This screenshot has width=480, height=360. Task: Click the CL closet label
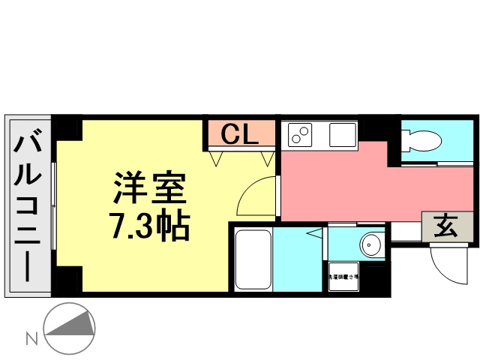(241, 135)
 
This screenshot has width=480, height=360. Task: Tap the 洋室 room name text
(149, 187)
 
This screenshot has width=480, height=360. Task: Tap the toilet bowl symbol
(422, 139)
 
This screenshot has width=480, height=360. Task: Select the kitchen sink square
(341, 136)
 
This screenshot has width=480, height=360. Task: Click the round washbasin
(370, 245)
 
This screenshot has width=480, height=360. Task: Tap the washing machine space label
(343, 277)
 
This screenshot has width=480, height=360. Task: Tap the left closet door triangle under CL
(217, 157)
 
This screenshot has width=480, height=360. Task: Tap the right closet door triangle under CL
(267, 157)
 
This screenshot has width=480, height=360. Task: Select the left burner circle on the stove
(295, 139)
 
